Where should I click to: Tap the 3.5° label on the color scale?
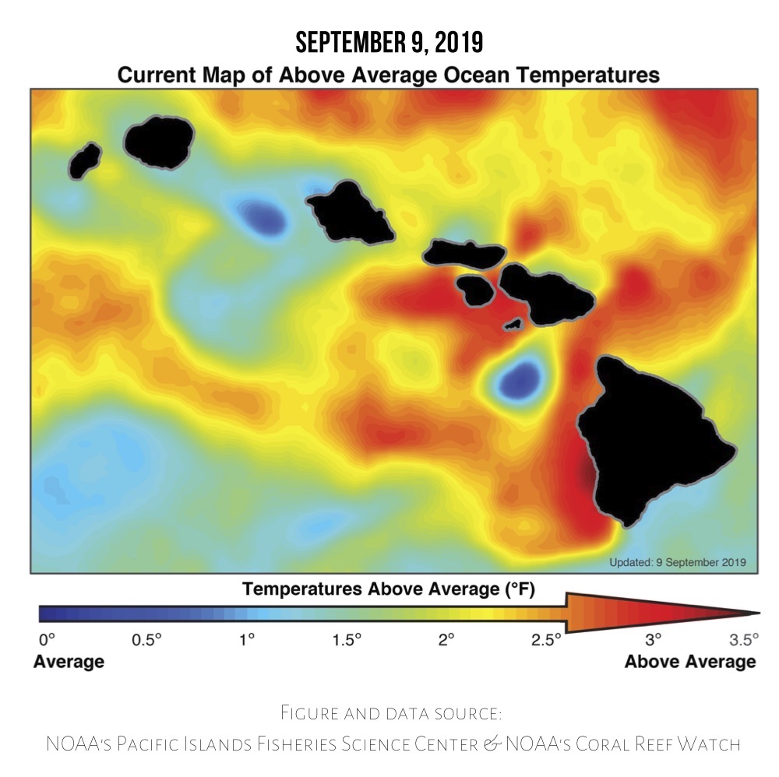point(744,640)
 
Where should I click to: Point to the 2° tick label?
point(446,640)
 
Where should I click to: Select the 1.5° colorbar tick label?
point(347,640)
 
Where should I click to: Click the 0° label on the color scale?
point(47,640)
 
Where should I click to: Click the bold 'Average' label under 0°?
point(69,662)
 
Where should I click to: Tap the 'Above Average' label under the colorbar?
point(690,662)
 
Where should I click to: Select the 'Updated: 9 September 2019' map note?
point(677,561)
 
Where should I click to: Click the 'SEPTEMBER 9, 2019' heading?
point(389,43)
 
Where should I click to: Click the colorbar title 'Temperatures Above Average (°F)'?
point(389,589)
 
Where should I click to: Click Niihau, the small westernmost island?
point(85,160)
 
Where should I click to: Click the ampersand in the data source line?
point(492,744)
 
